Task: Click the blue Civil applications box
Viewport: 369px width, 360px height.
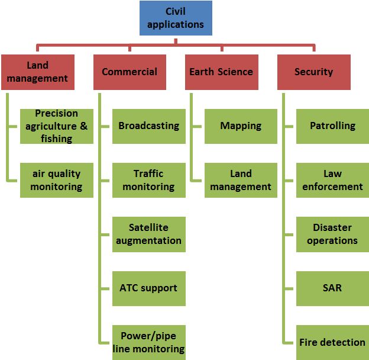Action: [175, 18]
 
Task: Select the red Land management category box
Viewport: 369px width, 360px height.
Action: [38, 72]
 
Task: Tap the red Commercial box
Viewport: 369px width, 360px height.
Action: [130, 72]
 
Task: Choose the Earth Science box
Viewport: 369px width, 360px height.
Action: [221, 72]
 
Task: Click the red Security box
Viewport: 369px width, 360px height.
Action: [313, 72]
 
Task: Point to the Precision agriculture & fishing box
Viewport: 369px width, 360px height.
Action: [56, 126]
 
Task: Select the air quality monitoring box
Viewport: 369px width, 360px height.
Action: [56, 180]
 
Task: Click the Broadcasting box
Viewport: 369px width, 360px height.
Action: [148, 126]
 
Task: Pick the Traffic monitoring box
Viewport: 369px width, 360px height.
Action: [148, 180]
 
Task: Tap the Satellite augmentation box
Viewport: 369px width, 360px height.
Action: [148, 234]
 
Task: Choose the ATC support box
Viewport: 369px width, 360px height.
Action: [148, 288]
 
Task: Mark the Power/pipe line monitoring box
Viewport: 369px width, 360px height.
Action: [148, 342]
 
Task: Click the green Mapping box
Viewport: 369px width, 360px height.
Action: [241, 126]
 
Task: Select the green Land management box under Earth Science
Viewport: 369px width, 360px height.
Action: [241, 180]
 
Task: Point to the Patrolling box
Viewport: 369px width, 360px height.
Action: [332, 126]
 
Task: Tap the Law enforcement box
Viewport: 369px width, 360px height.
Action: [332, 180]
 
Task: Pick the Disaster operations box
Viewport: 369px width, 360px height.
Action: [332, 234]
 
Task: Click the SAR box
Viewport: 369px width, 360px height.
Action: [332, 288]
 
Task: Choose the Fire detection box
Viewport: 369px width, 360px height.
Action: [332, 342]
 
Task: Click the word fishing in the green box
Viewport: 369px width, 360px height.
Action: [57, 139]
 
